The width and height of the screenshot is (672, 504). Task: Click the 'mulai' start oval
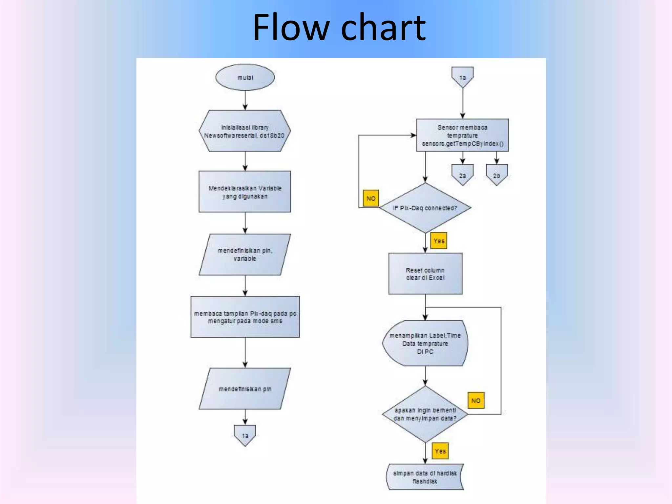245,77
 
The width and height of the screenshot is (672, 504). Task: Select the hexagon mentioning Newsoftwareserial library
245,131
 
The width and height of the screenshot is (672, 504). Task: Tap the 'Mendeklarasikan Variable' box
245,192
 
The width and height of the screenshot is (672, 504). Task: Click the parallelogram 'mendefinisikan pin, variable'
245,255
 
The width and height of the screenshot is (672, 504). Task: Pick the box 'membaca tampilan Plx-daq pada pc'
245,317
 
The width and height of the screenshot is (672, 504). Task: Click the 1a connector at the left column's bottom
245,435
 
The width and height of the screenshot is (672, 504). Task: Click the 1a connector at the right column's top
462,77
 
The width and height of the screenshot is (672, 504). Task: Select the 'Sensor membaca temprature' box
462,135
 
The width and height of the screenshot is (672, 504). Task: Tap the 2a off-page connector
462,175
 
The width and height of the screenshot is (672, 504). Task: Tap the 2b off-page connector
497,175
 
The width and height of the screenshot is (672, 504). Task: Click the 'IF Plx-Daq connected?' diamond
425,208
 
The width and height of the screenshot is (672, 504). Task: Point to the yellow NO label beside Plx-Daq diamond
371,198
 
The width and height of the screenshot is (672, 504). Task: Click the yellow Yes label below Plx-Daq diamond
439,241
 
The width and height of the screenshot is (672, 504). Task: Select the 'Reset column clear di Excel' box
425,274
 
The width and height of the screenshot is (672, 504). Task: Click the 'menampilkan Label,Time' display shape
425,343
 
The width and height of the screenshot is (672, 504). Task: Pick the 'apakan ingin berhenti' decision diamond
425,414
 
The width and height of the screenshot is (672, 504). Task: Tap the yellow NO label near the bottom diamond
476,400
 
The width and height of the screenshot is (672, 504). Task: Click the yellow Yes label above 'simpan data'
440,451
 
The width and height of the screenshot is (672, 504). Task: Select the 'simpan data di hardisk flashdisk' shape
425,477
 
